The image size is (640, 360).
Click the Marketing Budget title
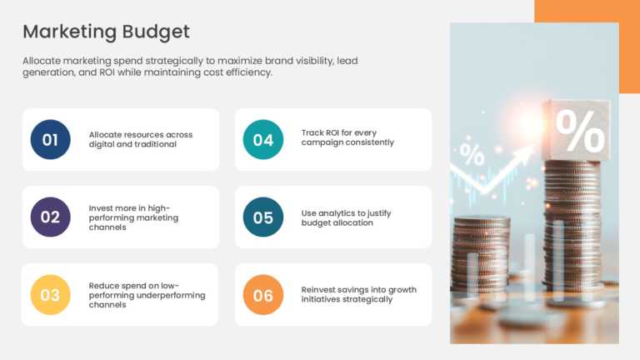[106, 32]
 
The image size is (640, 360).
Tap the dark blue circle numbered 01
[50, 139]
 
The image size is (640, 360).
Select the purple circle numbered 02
[50, 217]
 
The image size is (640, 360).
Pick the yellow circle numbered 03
[50, 294]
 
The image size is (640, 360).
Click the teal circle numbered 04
[262, 139]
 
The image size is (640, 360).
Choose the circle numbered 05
[262, 217]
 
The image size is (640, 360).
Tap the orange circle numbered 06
[262, 294]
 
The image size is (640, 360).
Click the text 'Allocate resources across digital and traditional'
[140, 139]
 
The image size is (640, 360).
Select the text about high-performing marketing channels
[133, 217]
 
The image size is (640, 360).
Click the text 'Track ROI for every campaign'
[347, 137]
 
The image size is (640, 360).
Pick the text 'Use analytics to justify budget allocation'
[346, 217]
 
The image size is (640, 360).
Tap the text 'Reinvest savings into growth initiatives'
[358, 294]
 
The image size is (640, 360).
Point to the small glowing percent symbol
[472, 155]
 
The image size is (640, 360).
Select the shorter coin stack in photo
[481, 254]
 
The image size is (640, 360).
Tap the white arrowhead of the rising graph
[526, 152]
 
